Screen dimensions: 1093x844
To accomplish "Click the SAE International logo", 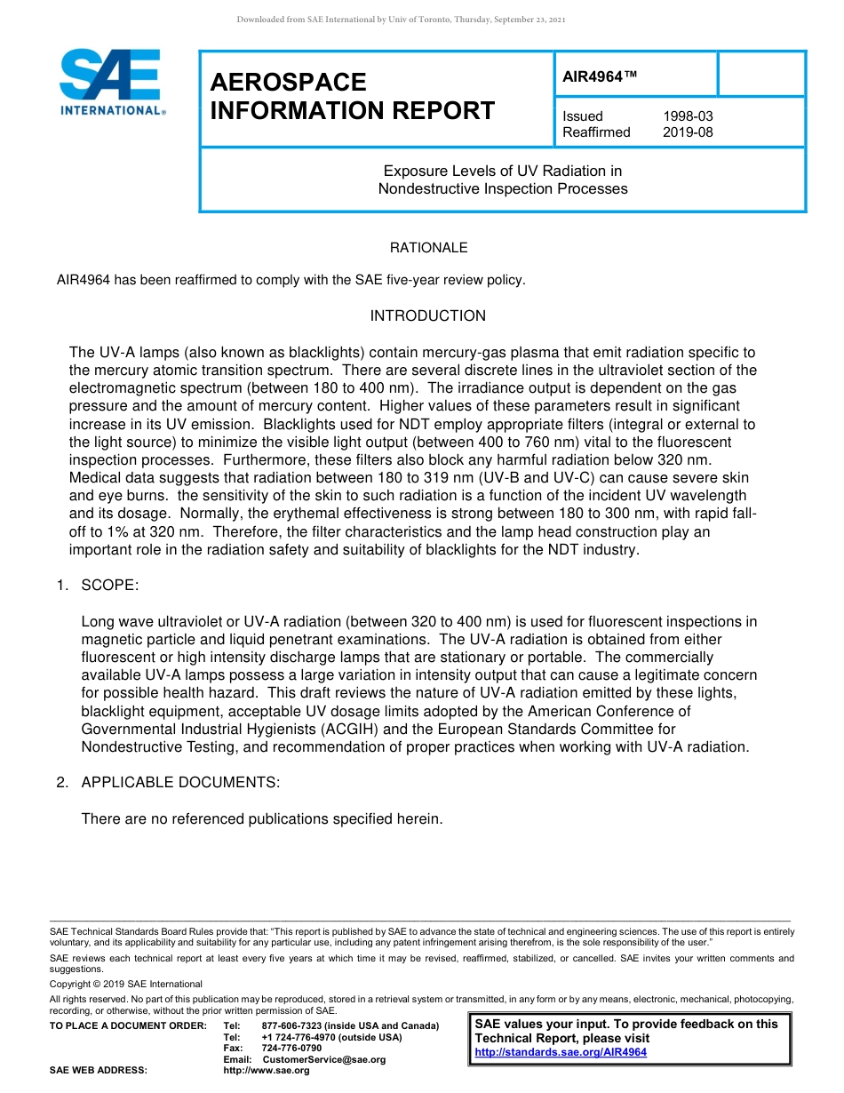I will click(x=111, y=82).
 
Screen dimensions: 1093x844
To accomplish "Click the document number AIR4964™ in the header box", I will click(x=601, y=76).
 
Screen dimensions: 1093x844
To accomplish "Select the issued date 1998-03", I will click(x=688, y=116).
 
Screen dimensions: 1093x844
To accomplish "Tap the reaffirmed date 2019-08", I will click(x=688, y=132).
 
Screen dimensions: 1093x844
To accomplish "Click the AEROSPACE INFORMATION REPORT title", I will click(x=352, y=97).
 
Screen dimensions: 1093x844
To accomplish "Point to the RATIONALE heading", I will click(x=428, y=248).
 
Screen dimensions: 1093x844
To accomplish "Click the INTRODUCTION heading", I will click(x=428, y=316).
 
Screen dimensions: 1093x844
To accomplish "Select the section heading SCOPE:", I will click(x=109, y=586).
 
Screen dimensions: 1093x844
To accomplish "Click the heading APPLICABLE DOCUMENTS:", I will click(x=180, y=783).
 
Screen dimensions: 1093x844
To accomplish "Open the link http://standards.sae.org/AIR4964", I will click(x=561, y=1052).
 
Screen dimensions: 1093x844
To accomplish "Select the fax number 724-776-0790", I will click(x=291, y=1049).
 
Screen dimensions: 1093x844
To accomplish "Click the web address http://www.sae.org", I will click(x=267, y=1070).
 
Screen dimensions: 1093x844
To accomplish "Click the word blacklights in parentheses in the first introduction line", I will click(x=318, y=353).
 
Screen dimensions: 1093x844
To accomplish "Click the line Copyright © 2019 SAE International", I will click(x=126, y=984).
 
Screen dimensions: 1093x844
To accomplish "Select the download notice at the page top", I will click(x=401, y=20).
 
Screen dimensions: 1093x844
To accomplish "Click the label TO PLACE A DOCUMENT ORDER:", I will click(x=127, y=1026).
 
